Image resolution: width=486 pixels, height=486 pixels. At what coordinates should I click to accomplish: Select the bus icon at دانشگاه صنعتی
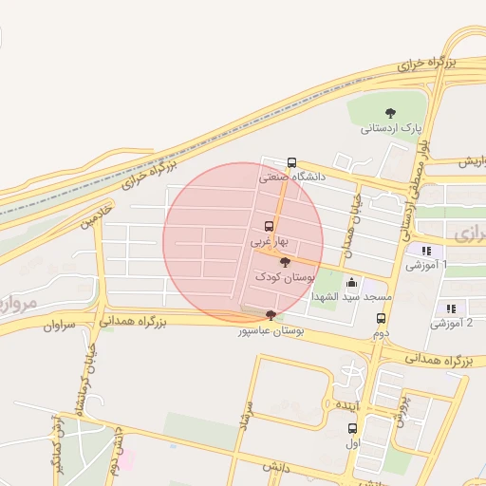pos(291,162)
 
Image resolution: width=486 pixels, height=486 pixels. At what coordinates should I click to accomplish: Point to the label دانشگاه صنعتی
pos(292,177)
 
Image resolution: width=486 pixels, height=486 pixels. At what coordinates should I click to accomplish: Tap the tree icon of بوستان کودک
pos(286,261)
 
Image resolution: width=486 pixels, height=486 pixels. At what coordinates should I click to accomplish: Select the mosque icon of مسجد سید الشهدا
pos(352,282)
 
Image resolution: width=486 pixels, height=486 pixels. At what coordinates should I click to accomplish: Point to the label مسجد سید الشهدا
pos(352,297)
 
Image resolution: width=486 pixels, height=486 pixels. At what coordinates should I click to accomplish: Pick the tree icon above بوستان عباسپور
pos(271,315)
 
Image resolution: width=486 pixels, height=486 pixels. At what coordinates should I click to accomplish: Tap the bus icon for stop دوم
pos(381,319)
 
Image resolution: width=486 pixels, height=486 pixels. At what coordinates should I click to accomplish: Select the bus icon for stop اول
pos(353,428)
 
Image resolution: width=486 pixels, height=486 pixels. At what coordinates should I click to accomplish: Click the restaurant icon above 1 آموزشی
pos(426,252)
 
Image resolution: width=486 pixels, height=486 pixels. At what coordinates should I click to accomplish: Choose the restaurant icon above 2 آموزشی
pos(450,308)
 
